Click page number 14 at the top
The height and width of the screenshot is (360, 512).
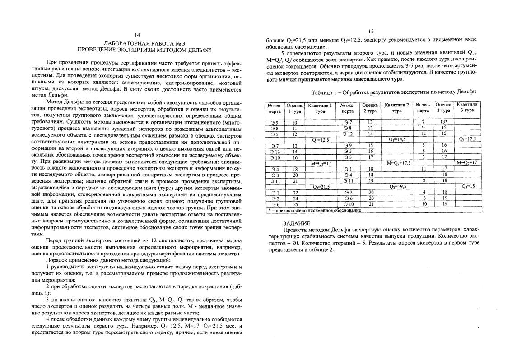138,35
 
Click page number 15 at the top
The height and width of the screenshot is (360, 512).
371,32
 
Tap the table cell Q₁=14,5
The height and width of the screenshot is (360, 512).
397,139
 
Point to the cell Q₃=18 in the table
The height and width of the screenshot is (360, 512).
467,186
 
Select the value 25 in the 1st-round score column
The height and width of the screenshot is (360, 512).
295,204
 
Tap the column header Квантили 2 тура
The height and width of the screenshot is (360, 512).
397,108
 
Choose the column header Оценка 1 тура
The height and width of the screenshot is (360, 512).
295,108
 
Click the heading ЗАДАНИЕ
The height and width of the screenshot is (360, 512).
296,223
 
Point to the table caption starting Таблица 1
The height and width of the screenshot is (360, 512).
393,92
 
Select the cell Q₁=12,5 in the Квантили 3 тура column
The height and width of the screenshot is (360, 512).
467,139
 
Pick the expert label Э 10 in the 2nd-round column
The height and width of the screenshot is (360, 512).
347,204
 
